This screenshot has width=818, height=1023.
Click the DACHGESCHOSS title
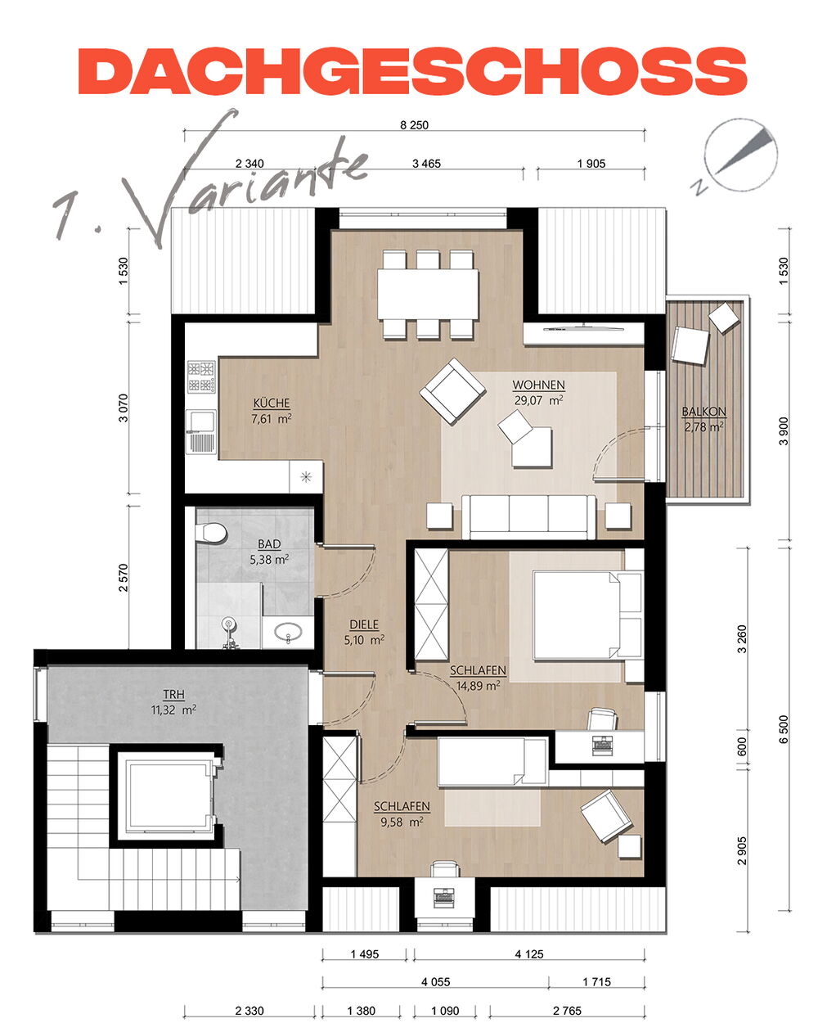412,71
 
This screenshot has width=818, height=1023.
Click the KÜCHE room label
272,403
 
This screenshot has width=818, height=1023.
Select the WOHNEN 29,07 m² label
538,392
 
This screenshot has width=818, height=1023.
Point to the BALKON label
704,412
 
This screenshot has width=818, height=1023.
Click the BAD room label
269,543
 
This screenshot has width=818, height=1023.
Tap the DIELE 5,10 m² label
364,632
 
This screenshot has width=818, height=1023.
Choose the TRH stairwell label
174,694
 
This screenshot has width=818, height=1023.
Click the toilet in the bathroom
211,533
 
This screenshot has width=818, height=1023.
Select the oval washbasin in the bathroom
288,633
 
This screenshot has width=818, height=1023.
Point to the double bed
587,615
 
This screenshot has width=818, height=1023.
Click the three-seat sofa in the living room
528,516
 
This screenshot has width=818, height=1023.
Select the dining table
428,295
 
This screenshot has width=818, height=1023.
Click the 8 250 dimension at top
414,125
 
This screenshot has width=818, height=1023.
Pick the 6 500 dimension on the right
784,729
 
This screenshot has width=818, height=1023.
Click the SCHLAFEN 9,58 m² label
402,813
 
